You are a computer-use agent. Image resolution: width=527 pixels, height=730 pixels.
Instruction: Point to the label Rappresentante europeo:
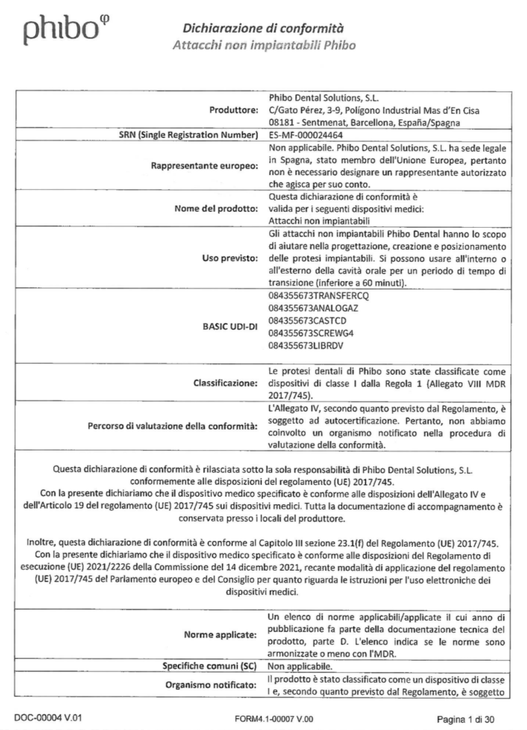(200, 166)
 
